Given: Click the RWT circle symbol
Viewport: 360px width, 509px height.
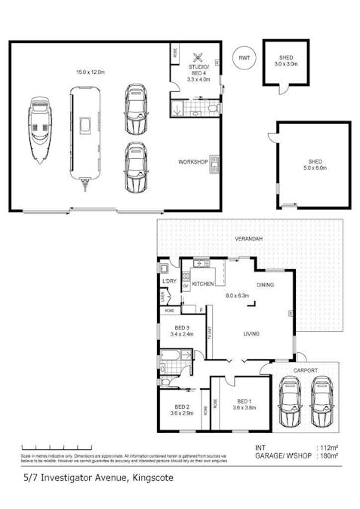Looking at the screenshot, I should coord(243,58).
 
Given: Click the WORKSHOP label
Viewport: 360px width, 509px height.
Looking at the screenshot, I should coord(192,162).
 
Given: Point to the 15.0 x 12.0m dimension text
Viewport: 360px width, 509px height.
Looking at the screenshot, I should coord(90,72).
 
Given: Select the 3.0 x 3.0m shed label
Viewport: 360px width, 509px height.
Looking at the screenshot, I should coord(286,60).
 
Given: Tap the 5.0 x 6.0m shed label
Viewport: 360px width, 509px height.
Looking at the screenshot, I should coord(315,164).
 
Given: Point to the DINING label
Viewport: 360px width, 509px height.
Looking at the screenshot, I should coord(265,285).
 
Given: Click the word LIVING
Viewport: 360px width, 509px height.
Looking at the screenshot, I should coord(251,333).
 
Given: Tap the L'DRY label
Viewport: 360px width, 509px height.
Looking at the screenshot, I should coord(169,281).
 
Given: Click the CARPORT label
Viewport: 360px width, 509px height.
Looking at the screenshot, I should coord(306,370).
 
